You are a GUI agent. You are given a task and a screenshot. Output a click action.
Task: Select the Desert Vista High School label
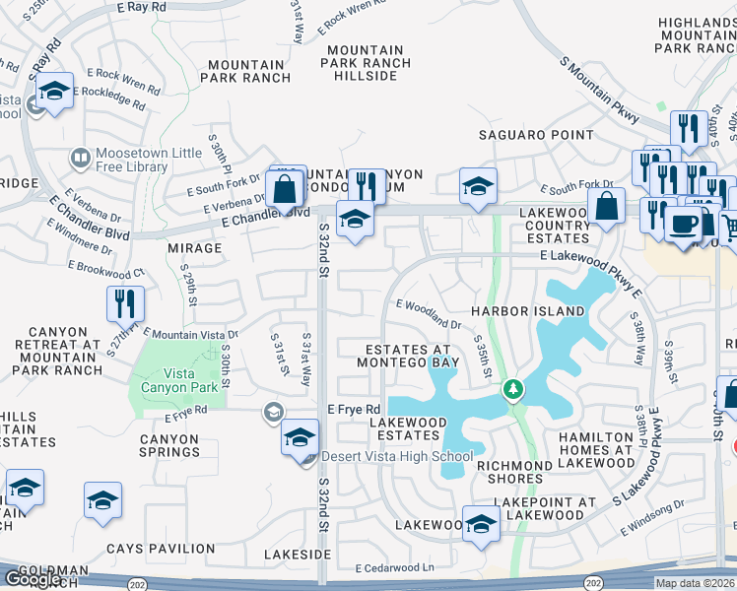(397, 456)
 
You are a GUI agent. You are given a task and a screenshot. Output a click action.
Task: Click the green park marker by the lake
(512, 390)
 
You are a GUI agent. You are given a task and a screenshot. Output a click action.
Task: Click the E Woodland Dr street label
(429, 313)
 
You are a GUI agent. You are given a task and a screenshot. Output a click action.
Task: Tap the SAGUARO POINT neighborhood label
(536, 135)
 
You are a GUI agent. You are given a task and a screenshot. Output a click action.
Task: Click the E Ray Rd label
(143, 7)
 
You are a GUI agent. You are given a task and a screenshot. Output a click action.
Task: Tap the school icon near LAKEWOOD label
(481, 524)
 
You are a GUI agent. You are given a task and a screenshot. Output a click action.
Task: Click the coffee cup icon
(682, 223)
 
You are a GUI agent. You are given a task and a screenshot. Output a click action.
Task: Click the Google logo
(33, 579)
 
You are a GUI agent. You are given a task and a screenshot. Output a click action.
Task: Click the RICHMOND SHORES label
(514, 466)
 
